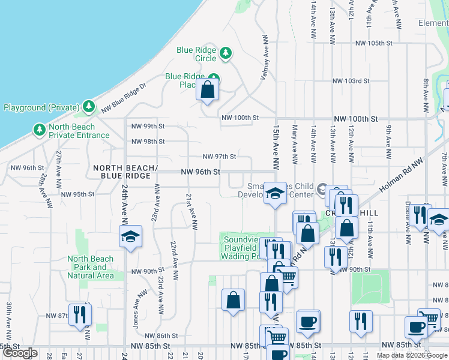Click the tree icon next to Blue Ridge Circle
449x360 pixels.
226,53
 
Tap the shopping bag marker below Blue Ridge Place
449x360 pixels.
207,90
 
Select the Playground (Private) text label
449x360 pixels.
41,108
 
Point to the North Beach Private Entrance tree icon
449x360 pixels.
39,130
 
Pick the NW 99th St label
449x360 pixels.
148,126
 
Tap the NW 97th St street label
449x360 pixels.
219,156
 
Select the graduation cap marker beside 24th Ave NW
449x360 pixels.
130,237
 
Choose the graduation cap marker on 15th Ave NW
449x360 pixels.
276,194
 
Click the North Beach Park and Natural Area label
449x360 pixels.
91,268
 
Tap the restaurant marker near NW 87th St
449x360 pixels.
79,314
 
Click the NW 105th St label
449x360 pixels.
373,43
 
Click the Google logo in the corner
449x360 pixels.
19,353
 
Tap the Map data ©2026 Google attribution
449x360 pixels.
412,355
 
